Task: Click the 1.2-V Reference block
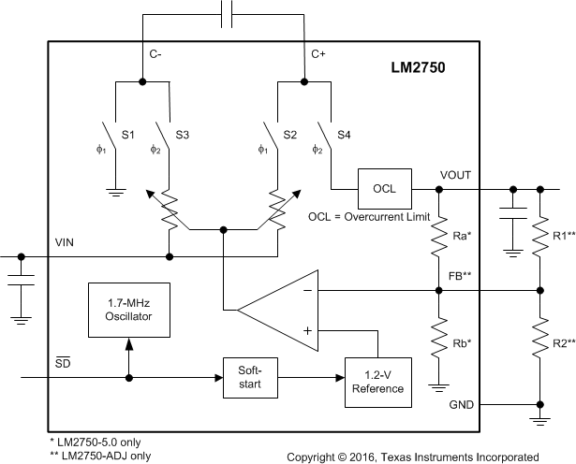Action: [377, 382]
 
